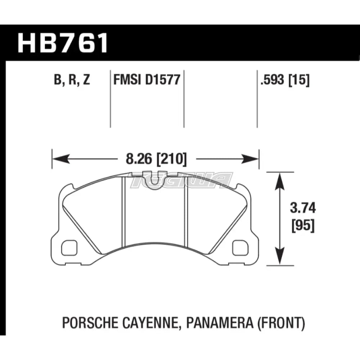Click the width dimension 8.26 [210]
(156, 159)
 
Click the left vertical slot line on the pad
(123, 212)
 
